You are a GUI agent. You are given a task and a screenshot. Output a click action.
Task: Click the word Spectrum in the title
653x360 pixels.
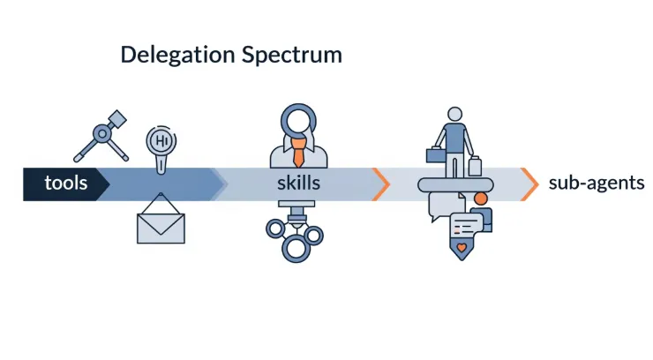pyautogui.click(x=292, y=55)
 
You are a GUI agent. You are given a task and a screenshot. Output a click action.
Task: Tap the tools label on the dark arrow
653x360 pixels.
pyautogui.click(x=66, y=183)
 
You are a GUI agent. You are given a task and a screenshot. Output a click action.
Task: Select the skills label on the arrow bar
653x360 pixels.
pyautogui.click(x=298, y=183)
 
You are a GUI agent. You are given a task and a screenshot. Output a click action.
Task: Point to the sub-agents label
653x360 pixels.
pyautogui.click(x=597, y=183)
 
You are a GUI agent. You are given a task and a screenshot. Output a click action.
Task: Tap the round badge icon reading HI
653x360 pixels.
pyautogui.click(x=161, y=141)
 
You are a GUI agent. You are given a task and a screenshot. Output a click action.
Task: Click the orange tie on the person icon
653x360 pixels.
pyautogui.click(x=298, y=153)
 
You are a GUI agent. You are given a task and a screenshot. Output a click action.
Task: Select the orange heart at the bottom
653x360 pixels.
pyautogui.click(x=462, y=248)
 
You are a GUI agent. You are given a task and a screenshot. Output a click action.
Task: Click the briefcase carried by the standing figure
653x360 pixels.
pyautogui.click(x=436, y=154)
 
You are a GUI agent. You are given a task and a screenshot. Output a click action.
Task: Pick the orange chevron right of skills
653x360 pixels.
pyautogui.click(x=381, y=184)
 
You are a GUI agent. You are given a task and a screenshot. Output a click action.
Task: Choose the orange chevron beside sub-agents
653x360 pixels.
pyautogui.click(x=529, y=184)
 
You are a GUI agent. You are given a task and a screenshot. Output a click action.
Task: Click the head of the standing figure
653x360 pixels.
pyautogui.click(x=454, y=114)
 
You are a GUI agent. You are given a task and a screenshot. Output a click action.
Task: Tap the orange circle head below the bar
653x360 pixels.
pyautogui.click(x=481, y=199)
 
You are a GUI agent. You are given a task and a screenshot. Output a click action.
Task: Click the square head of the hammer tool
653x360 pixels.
pyautogui.click(x=117, y=119)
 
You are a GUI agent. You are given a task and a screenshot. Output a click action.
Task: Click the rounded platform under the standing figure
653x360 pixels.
pyautogui.click(x=455, y=184)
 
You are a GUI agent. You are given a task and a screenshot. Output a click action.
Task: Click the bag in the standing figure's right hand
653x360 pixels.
pyautogui.click(x=475, y=166)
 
